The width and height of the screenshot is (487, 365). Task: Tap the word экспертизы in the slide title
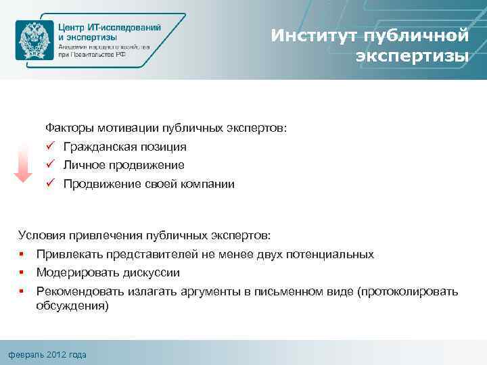pos(412,55)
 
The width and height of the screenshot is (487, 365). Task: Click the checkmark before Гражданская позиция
pos(50,146)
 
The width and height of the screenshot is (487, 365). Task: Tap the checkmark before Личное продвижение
pos(50,165)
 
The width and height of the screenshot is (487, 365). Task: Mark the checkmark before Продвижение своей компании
pos(50,184)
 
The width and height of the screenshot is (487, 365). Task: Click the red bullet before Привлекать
pos(22,255)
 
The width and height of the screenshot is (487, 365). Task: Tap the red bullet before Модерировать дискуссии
pos(22,273)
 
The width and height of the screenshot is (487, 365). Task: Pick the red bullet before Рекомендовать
pos(22,292)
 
